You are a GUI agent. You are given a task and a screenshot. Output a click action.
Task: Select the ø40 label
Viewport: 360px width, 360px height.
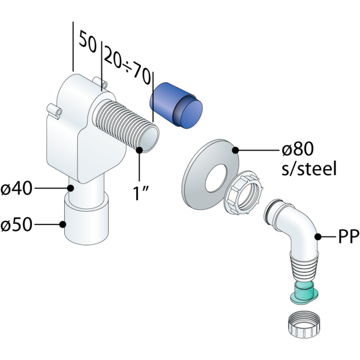pyautogui.click(x=16, y=188)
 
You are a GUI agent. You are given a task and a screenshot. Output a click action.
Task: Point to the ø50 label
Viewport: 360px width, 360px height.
pyautogui.click(x=16, y=226)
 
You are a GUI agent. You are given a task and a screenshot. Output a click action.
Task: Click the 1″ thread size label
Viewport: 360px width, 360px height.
pyautogui.click(x=142, y=193)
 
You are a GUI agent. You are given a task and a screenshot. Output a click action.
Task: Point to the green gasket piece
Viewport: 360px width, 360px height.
pyautogui.click(x=304, y=292)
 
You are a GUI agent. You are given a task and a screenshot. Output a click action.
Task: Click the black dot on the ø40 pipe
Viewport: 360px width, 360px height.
pyautogui.click(x=71, y=188)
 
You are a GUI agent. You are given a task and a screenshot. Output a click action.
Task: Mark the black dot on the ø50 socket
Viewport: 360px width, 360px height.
pyautogui.click(x=63, y=225)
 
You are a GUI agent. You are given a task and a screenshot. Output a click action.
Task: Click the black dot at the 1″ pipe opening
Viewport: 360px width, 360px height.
pyautogui.click(x=141, y=150)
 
